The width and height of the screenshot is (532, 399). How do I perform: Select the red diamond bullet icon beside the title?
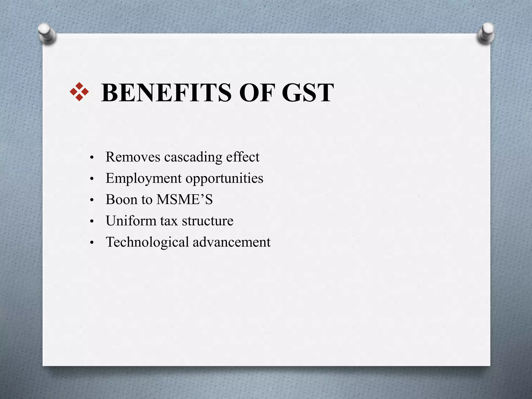coord(79,92)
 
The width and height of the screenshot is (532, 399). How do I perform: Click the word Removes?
coord(133,157)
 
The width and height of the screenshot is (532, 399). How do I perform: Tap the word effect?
coord(243,157)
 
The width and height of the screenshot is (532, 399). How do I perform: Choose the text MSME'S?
coord(185,200)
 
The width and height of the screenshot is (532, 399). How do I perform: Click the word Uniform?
coord(131,221)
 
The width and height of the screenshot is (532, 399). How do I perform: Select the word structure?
coord(207,221)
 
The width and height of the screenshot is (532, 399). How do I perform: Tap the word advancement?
coord(231,242)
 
